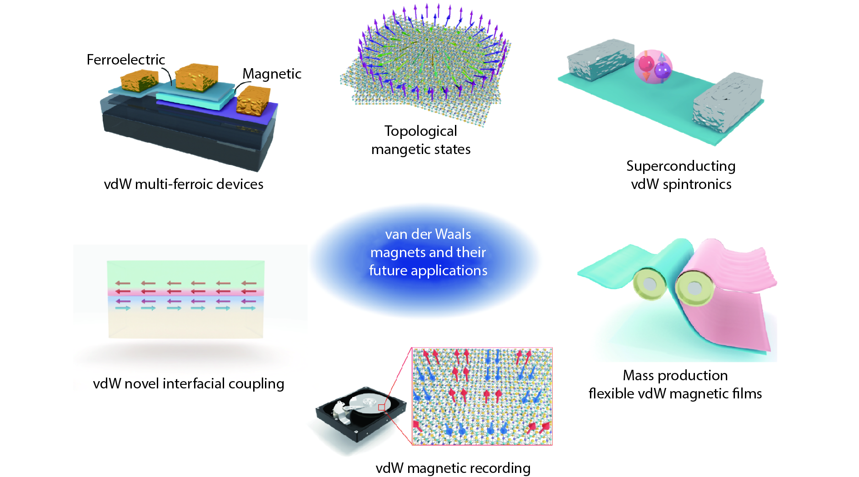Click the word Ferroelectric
126,60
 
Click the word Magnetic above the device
272,74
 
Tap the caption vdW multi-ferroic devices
184,184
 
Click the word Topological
421,131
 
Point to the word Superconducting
681,166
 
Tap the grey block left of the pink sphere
600,60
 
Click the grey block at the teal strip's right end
727,103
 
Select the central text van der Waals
428,234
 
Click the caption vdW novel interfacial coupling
189,384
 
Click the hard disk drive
361,413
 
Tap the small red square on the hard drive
382,407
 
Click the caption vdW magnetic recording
453,468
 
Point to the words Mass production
675,375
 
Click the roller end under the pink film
693,287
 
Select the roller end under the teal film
649,284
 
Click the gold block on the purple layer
253,101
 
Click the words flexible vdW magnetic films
675,393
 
